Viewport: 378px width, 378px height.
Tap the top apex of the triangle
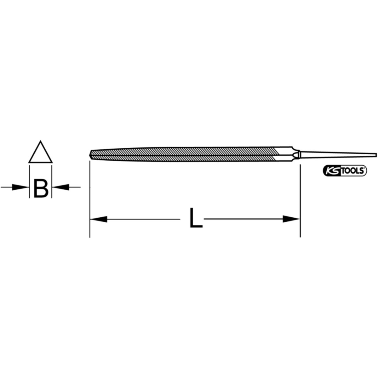tap(40, 140)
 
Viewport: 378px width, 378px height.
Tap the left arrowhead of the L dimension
tap(99, 219)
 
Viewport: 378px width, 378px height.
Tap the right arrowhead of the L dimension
tap(291, 219)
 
